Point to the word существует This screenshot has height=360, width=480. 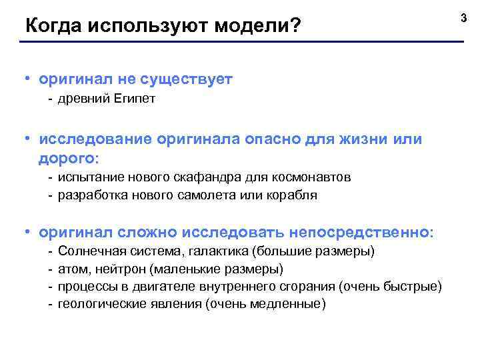point(188,79)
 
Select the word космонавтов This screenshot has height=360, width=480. point(313,177)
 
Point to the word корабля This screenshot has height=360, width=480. point(295,195)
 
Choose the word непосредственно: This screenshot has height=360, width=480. point(361,232)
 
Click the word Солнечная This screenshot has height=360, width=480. point(87,251)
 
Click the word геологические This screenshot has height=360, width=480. point(97,305)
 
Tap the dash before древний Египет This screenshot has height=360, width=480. point(51,99)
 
